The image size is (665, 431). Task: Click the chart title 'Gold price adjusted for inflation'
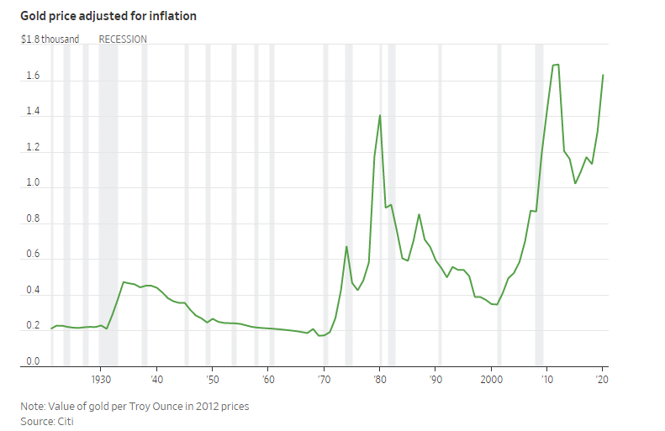pyautogui.click(x=108, y=16)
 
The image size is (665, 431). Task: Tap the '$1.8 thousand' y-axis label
pyautogui.click(x=50, y=39)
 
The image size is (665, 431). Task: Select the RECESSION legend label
pyautogui.click(x=123, y=39)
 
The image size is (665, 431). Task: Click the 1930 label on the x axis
pyautogui.click(x=100, y=380)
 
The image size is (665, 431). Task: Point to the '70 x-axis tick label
pyautogui.click(x=323, y=380)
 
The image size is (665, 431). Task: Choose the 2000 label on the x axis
pyautogui.click(x=491, y=380)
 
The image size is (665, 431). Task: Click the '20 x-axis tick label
pyautogui.click(x=602, y=380)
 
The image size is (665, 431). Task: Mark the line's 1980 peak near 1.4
pyautogui.click(x=380, y=115)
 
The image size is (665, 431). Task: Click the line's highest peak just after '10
pyautogui.click(x=556, y=65)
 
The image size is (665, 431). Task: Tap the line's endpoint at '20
pyautogui.click(x=603, y=76)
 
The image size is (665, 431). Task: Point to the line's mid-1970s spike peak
pyautogui.click(x=346, y=246)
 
